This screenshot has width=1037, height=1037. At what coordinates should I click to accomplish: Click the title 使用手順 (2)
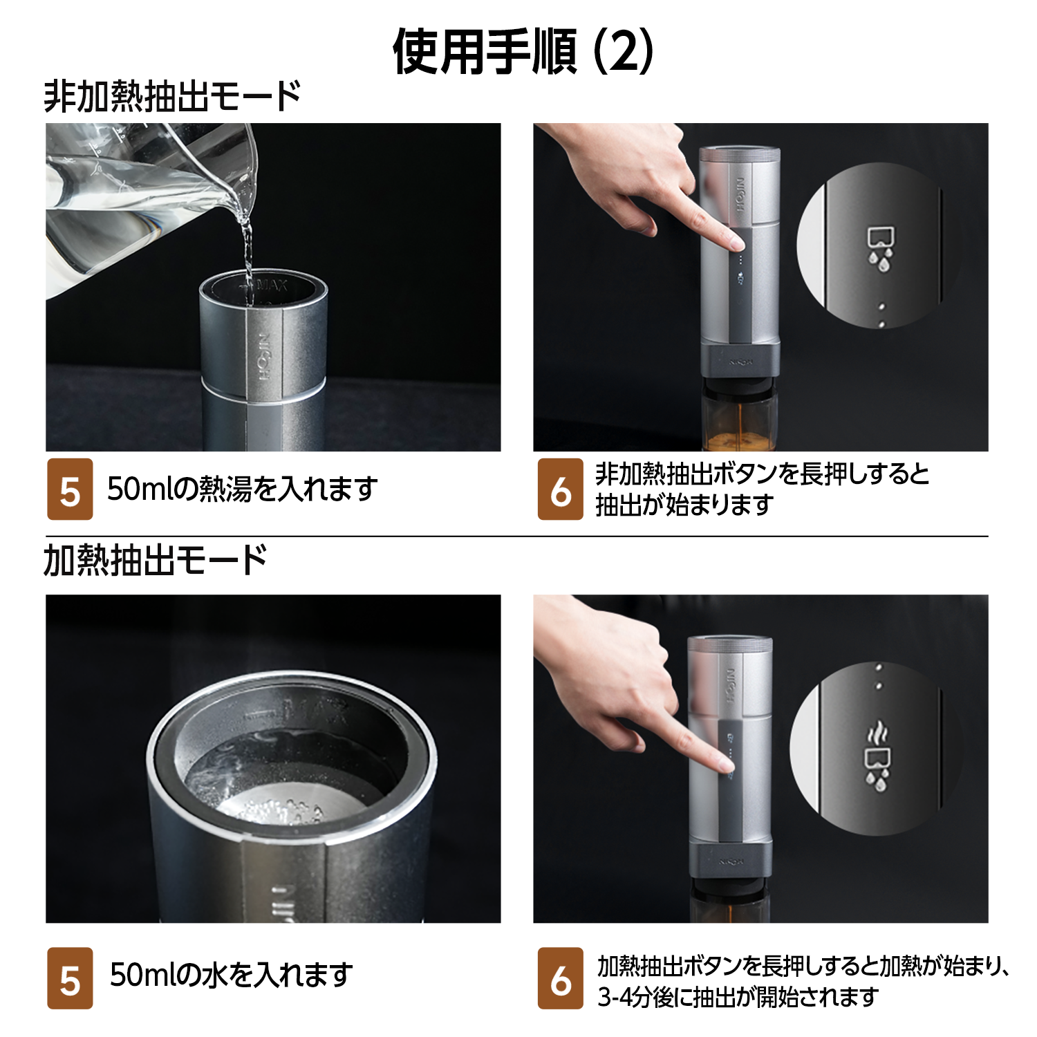(x=523, y=52)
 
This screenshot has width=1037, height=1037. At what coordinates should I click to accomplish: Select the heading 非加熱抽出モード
(x=173, y=96)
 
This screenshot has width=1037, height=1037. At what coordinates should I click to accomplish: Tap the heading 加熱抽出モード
(x=156, y=560)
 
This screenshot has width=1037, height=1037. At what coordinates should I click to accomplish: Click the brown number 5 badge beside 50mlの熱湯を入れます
(x=70, y=489)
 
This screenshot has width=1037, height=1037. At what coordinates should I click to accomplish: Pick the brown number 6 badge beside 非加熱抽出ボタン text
(x=561, y=489)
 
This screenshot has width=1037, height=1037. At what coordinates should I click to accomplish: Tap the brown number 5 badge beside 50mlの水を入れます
(x=70, y=978)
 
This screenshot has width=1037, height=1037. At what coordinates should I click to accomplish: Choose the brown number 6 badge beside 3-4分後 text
(x=561, y=978)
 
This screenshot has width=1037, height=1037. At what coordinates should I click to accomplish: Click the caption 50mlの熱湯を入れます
(x=243, y=489)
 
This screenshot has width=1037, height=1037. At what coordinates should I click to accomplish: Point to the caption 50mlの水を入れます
(x=232, y=975)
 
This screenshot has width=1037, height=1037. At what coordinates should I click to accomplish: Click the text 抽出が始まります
(x=684, y=505)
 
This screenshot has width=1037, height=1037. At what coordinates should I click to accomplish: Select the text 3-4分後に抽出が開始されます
(x=738, y=996)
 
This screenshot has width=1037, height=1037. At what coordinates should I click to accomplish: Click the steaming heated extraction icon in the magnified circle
(x=877, y=756)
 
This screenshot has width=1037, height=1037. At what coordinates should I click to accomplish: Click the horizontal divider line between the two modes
(x=517, y=536)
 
